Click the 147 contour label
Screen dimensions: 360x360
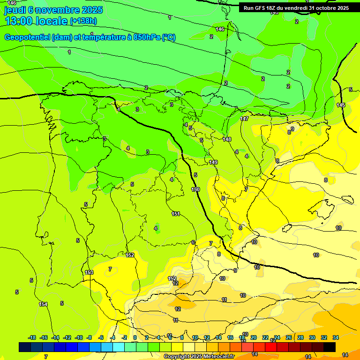pyautogui.click(x=244, y=119)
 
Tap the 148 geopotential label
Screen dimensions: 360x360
pyautogui.click(x=227, y=139)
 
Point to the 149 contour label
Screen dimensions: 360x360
pyautogui.click(x=213, y=162)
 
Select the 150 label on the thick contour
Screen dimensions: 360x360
pyautogui.click(x=195, y=189)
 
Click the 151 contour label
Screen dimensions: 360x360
pyautogui.click(x=176, y=214)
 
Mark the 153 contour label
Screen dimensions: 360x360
pyautogui.click(x=89, y=272)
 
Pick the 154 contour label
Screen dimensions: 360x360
pyautogui.click(x=43, y=304)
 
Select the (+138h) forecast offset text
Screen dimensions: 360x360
pyautogui.click(x=83, y=21)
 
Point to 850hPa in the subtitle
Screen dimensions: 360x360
pyautogui.click(x=147, y=37)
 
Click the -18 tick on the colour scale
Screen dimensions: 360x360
pyautogui.click(x=32, y=337)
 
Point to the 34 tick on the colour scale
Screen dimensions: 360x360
pyautogui.click(x=336, y=337)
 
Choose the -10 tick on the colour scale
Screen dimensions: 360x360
pyautogui.click(x=78, y=337)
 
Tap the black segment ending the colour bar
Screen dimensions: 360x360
pyautogui.click(x=330, y=347)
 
